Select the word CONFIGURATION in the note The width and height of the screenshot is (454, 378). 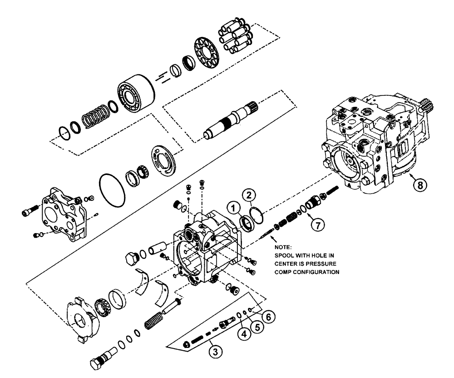click(x=315, y=273)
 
